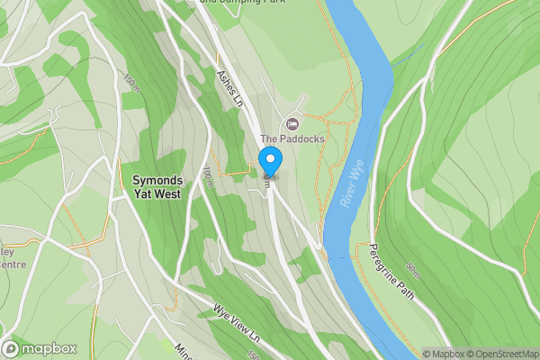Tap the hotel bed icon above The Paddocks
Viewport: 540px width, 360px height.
[291, 122]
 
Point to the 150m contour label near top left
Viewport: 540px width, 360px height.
[133, 83]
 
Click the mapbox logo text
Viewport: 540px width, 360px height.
[49, 349]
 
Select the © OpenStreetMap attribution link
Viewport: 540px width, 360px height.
[507, 354]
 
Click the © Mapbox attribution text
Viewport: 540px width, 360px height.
[446, 354]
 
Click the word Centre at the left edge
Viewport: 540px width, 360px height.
[11, 265]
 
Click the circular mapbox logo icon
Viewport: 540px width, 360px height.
[11, 349]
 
